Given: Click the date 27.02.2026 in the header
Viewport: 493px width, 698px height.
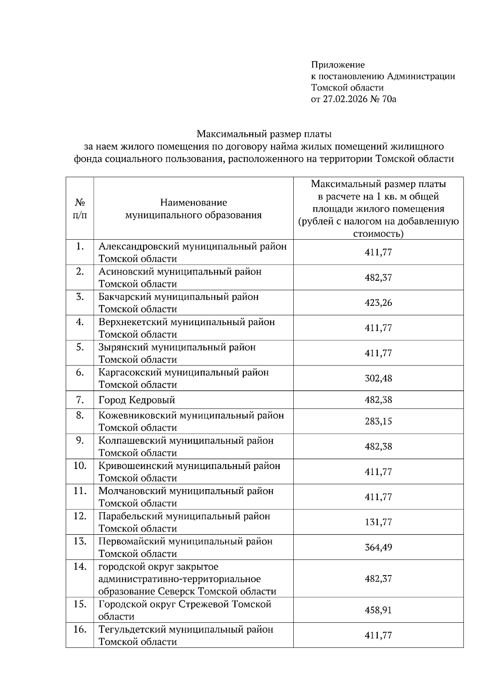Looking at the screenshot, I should (x=343, y=99).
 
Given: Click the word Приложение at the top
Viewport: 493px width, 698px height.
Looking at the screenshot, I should (x=338, y=65).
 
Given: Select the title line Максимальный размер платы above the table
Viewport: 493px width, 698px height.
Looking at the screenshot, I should (x=264, y=134).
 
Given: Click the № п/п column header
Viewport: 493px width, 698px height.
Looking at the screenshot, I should (x=80, y=208).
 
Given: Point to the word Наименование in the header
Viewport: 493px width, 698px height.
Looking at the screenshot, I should (x=194, y=202).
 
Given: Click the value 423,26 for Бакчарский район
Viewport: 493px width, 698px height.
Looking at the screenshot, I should (x=378, y=303).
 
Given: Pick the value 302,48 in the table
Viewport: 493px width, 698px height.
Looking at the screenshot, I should (x=378, y=378).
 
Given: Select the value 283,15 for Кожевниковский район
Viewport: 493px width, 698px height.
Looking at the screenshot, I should (x=378, y=421).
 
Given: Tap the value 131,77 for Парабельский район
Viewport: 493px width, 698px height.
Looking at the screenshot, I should (x=378, y=522).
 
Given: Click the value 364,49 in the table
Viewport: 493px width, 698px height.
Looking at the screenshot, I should (x=378, y=548).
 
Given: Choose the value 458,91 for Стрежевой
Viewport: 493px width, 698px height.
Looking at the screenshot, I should (x=378, y=610).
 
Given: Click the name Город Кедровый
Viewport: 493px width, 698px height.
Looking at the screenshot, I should (x=137, y=400).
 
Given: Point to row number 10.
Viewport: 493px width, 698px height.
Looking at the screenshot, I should (x=80, y=466).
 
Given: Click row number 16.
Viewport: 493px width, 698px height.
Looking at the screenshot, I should (x=80, y=629).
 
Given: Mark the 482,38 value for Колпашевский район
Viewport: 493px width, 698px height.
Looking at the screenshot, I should (x=378, y=446).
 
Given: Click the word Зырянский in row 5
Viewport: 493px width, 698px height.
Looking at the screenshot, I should (x=124, y=347).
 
